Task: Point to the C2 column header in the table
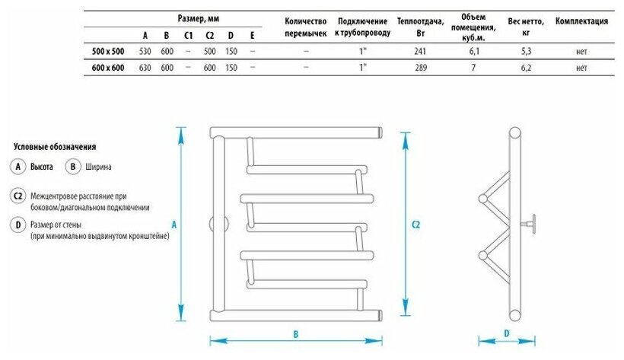[x=209, y=35]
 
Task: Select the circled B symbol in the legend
[x=73, y=166]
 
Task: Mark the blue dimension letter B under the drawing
[x=294, y=334]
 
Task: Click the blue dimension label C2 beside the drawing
[x=416, y=225]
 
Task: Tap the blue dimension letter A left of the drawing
[x=174, y=225]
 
